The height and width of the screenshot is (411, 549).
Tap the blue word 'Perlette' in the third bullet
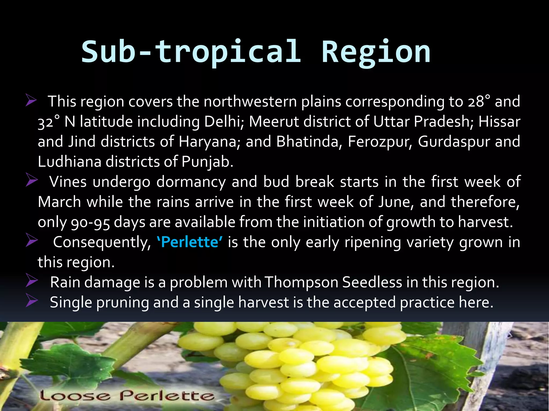190,242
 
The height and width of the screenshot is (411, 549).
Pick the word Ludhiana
69,162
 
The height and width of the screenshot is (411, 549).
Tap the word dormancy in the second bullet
191,182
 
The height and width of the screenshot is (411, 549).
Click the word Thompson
301,282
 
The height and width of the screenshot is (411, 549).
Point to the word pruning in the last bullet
122,303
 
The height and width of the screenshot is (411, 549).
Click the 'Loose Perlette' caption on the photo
127,395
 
